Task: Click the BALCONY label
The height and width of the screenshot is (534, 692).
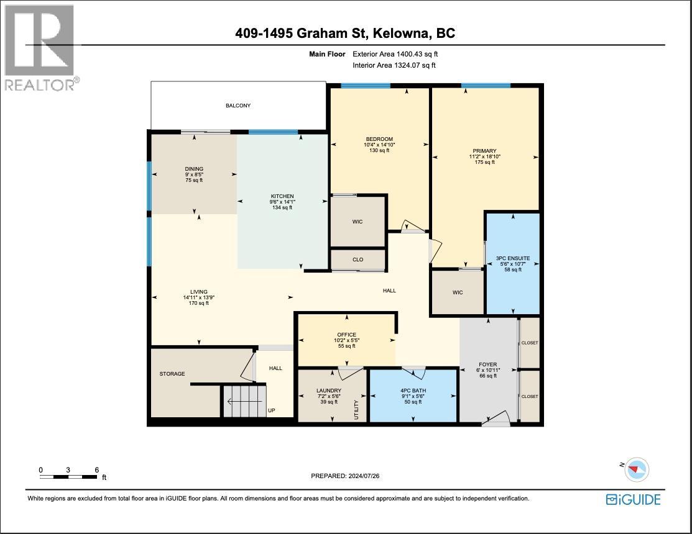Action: (x=238, y=106)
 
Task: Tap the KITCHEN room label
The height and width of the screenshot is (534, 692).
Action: (x=282, y=196)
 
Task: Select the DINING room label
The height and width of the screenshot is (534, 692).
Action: (x=194, y=169)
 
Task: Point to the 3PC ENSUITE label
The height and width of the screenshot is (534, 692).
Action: (x=513, y=259)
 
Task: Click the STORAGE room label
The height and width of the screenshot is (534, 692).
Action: (x=172, y=374)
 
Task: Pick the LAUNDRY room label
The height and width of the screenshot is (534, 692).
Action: (x=329, y=391)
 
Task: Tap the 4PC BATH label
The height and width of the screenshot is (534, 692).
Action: (x=413, y=391)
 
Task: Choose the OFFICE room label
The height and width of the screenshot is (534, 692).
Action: (x=346, y=335)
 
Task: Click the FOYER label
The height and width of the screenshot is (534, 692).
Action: (x=487, y=364)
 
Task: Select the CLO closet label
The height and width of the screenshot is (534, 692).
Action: (x=358, y=260)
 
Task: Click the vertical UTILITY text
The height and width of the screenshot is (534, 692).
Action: (x=357, y=409)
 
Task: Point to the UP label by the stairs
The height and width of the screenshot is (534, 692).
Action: (x=272, y=410)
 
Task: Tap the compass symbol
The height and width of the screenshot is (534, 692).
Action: (x=636, y=469)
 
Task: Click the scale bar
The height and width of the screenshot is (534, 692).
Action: (x=68, y=477)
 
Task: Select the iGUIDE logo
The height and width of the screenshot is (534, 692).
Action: (x=634, y=499)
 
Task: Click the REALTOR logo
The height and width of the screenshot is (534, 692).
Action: (x=40, y=48)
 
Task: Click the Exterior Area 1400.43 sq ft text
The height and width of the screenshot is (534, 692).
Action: (x=395, y=54)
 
